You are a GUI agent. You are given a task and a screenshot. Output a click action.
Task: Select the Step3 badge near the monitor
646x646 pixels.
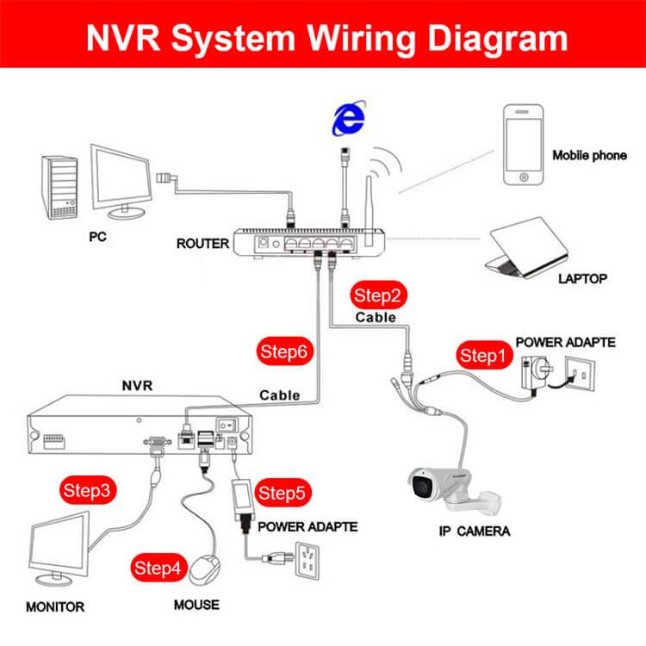point(88,490)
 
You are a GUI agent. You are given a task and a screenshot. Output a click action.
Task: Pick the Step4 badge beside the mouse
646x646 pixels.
point(158,568)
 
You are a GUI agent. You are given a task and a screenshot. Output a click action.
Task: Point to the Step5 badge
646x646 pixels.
point(283,493)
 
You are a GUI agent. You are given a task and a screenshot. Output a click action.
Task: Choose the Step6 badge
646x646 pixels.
point(284,351)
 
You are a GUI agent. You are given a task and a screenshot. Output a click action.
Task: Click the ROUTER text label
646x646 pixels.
point(202,244)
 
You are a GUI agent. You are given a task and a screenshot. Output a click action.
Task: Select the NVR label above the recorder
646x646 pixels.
point(136,385)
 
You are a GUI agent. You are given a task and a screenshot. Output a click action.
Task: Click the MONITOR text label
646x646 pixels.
point(55,606)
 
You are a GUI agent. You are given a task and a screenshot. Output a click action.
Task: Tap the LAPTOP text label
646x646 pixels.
point(582,278)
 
